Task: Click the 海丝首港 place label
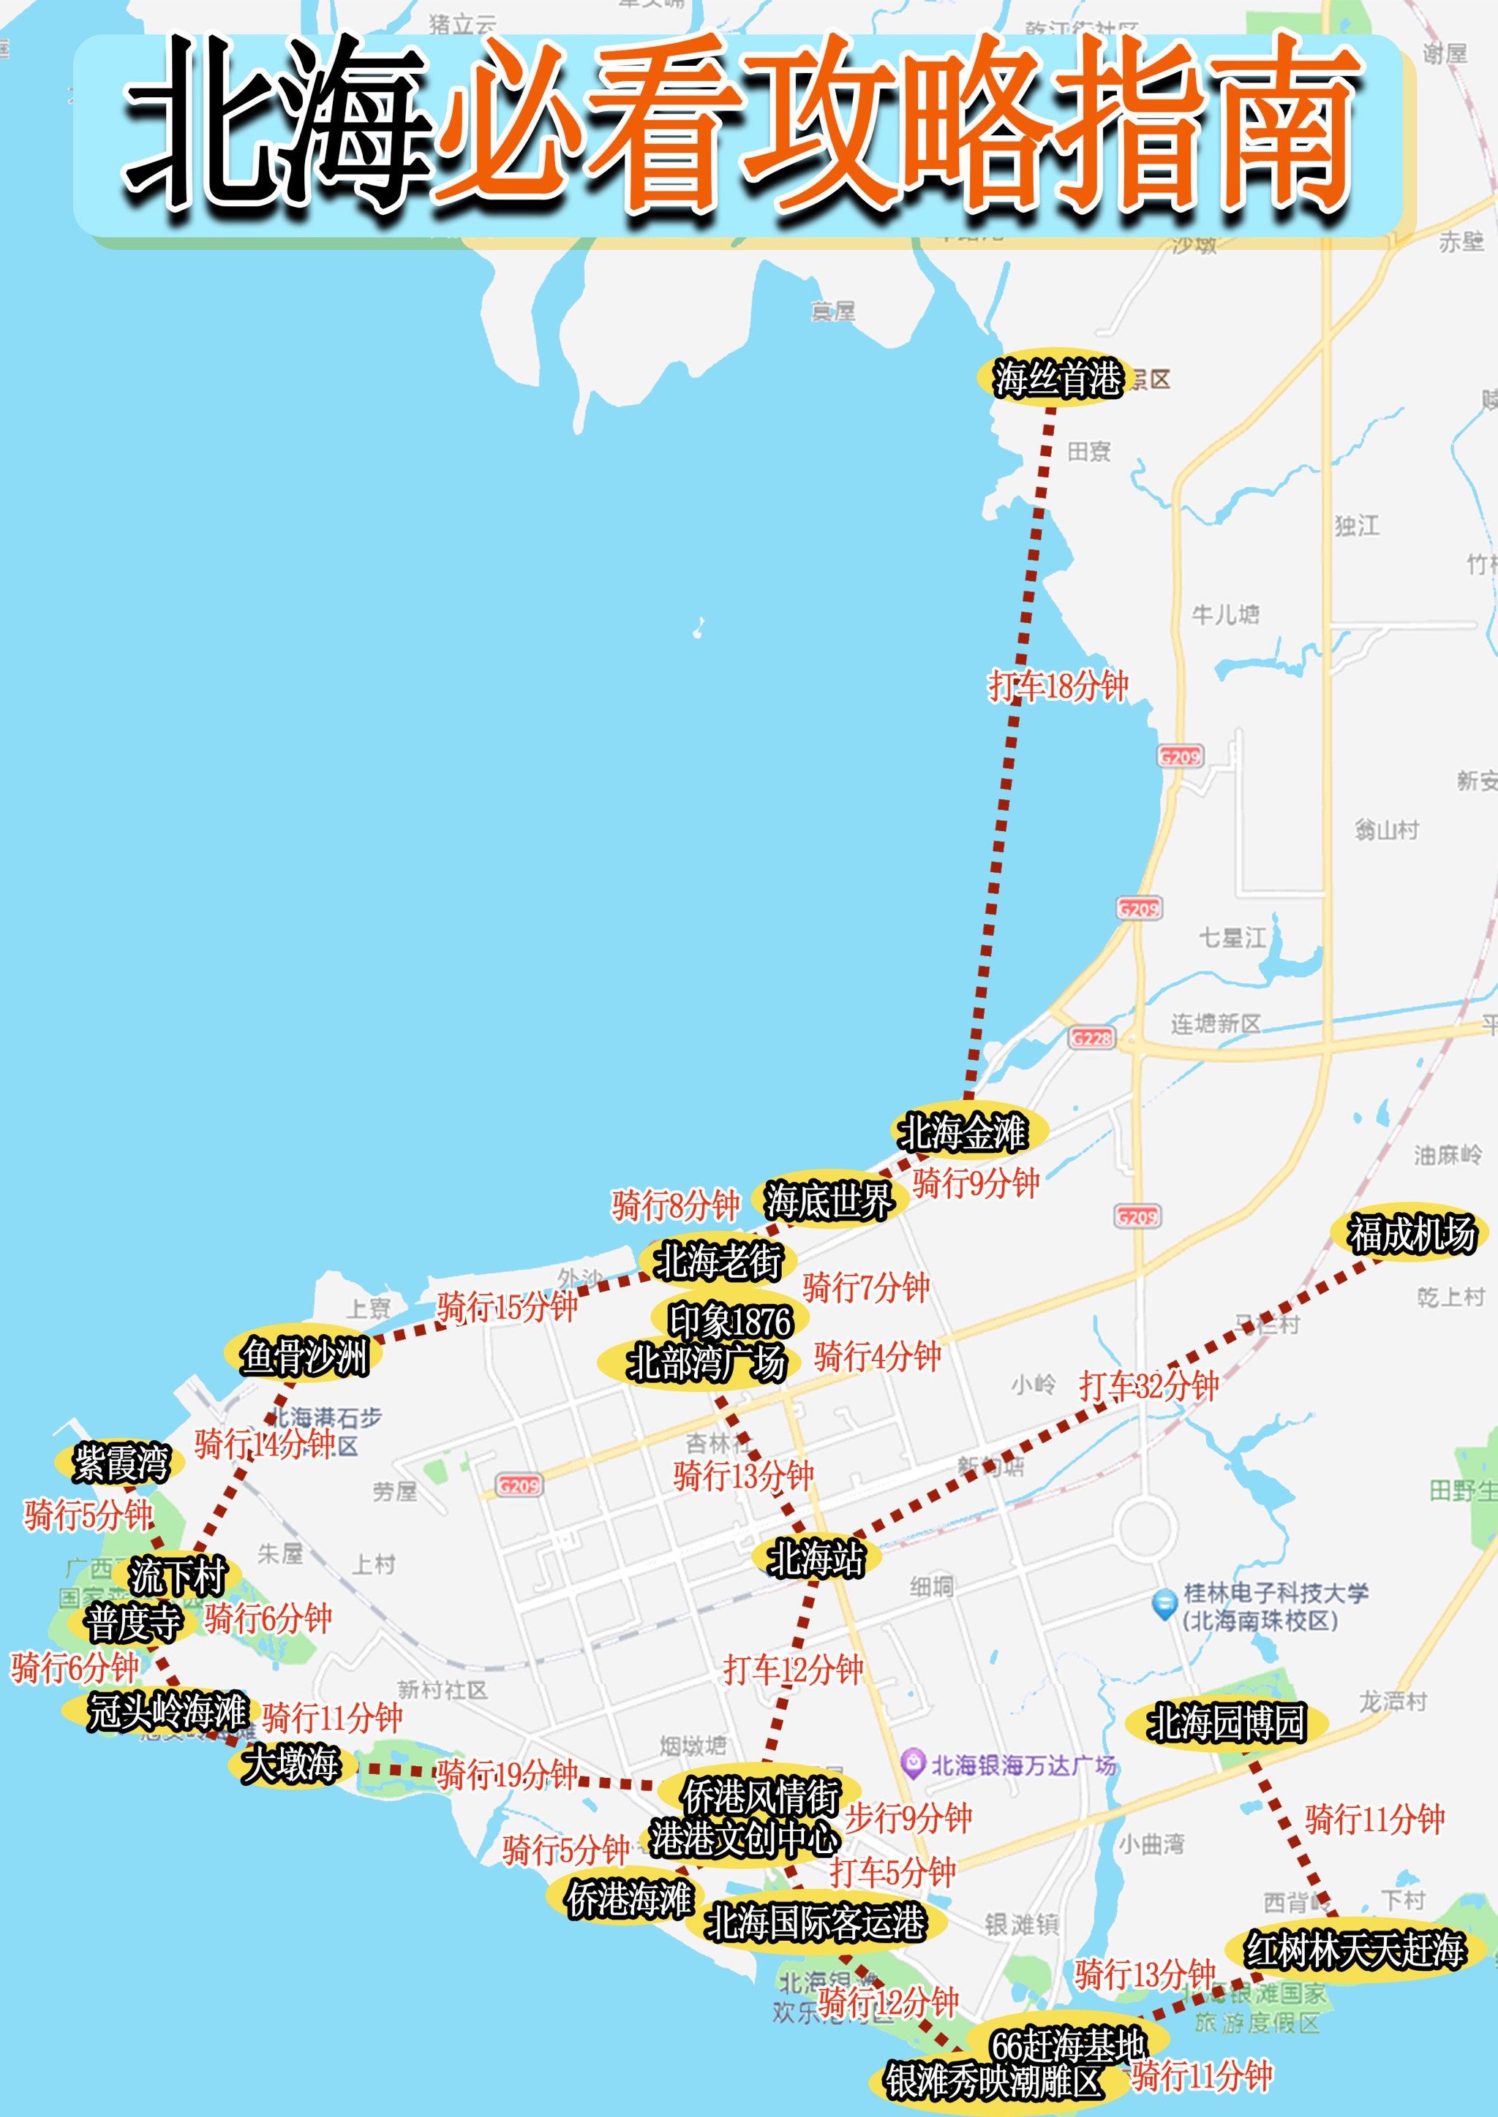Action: [x=1056, y=379]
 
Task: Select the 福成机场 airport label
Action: [x=1411, y=1235]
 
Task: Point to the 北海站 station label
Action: [x=816, y=1559]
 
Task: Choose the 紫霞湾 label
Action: [x=121, y=1463]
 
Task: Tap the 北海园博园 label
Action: [x=1226, y=1722]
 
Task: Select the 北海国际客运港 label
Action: [x=815, y=1923]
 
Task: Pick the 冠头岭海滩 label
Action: [x=166, y=1711]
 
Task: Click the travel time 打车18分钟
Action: [x=1057, y=686]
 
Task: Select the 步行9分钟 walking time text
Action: [x=908, y=1817]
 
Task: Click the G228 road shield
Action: [x=1091, y=1038]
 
